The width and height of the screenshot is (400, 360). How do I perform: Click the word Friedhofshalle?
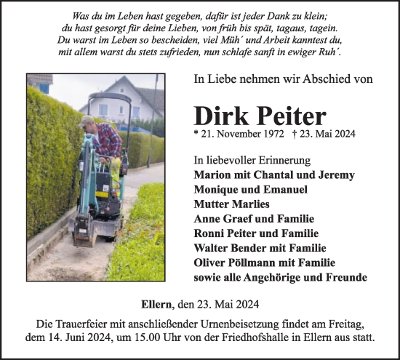265,338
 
